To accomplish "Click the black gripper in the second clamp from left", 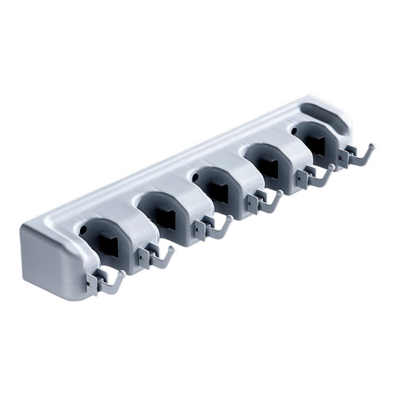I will click(x=165, y=216).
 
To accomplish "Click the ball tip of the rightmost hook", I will click(x=372, y=146).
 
